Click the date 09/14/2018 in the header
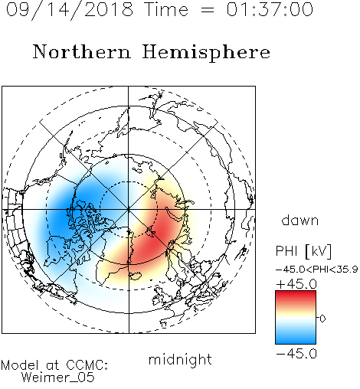(x=70, y=10)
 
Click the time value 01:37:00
(x=270, y=9)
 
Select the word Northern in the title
(x=82, y=51)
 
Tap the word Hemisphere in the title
(x=206, y=53)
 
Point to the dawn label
(x=300, y=220)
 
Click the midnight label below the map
(x=180, y=359)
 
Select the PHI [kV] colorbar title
(x=303, y=251)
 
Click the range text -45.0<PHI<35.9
(x=317, y=270)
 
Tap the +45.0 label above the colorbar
(x=296, y=284)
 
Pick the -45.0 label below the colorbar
(x=296, y=354)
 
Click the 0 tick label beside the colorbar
(x=322, y=319)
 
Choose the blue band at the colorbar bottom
(x=296, y=338)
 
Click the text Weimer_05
(x=58, y=378)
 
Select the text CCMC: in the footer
(x=87, y=365)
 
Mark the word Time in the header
(x=166, y=9)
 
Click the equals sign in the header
(x=208, y=10)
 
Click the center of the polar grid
(x=129, y=209)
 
